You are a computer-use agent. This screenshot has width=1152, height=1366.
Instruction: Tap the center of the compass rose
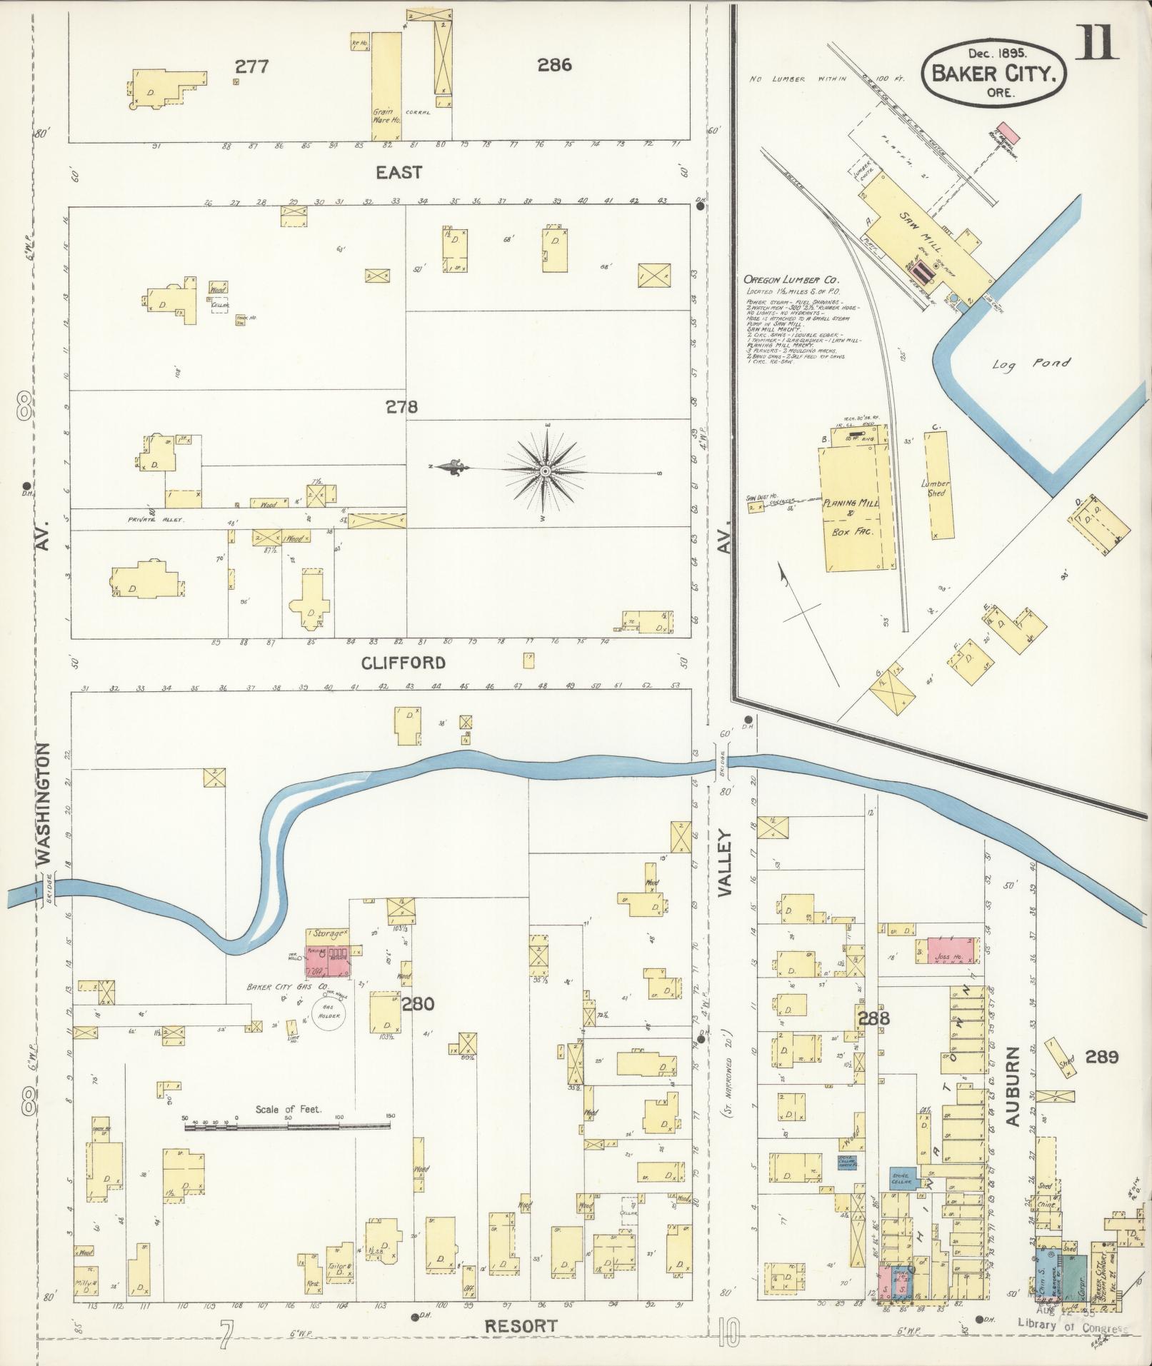545,471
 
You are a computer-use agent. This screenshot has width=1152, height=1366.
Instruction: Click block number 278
401,407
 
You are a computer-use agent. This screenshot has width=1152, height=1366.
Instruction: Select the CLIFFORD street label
403,663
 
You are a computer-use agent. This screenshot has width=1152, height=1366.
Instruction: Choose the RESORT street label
521,1325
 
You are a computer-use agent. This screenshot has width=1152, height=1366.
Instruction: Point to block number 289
1101,1056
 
